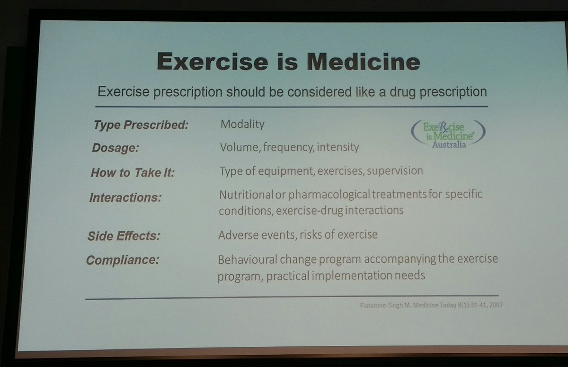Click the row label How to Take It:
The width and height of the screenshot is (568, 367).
point(133,172)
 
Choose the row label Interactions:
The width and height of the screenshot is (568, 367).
point(125,197)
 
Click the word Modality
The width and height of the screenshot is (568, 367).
point(242,125)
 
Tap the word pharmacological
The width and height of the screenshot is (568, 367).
point(322,195)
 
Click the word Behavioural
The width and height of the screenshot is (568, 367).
point(248,259)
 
